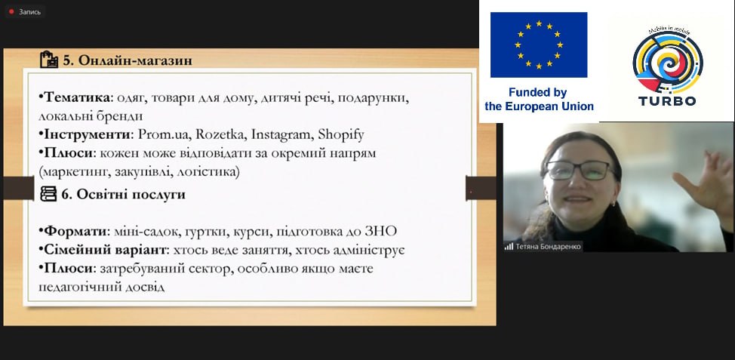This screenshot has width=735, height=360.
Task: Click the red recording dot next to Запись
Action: click(x=11, y=12)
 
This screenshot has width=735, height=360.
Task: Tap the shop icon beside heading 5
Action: click(x=49, y=60)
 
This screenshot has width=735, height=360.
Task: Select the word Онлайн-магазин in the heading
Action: click(x=135, y=60)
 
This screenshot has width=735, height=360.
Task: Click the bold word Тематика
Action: click(x=78, y=98)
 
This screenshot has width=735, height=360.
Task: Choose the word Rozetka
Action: click(x=220, y=134)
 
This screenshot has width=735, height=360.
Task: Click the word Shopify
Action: click(x=341, y=135)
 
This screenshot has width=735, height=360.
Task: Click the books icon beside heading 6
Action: click(x=48, y=194)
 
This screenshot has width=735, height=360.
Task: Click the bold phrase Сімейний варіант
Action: click(x=105, y=250)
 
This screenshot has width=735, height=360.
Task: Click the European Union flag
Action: click(x=539, y=45)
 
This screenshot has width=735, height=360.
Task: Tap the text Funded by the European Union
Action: click(x=539, y=100)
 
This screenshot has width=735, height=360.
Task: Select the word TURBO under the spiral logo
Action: click(x=667, y=100)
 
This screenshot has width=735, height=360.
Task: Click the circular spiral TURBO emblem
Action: click(x=668, y=61)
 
